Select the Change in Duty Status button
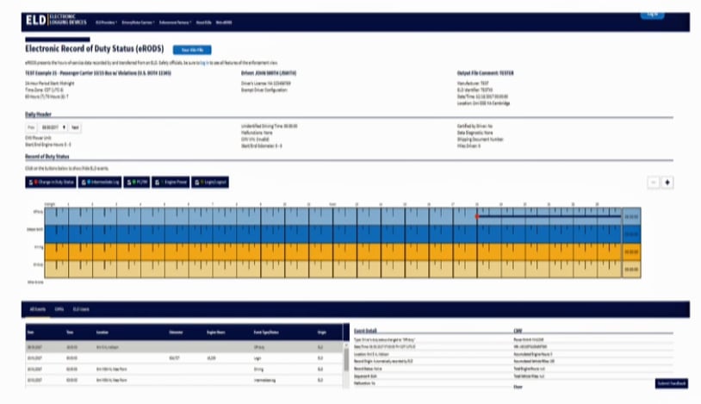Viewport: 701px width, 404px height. pos(50,183)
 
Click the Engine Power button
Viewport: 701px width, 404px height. pos(174,183)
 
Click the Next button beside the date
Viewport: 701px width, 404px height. pos(75,127)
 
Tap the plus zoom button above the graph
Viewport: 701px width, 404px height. pos(668,183)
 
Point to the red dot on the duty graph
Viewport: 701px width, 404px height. pos(476,216)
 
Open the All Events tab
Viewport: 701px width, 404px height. pos(37,307)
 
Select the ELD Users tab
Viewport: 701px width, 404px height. pos(81,307)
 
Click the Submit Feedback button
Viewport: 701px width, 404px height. pos(672,382)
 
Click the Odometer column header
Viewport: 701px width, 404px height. pos(177,330)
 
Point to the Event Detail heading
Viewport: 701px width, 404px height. pos(365,329)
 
